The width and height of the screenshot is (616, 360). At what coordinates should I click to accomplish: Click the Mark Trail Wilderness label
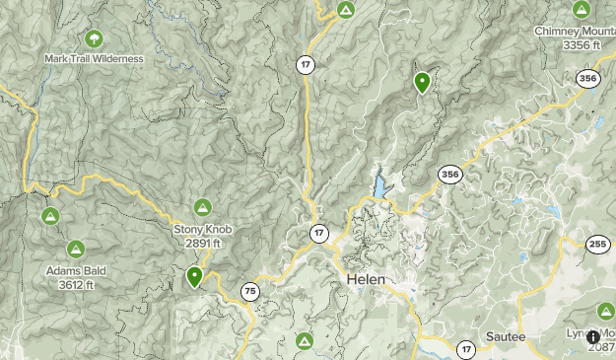tap(94, 58)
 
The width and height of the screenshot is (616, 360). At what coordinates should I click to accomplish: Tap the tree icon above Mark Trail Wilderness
tap(94, 39)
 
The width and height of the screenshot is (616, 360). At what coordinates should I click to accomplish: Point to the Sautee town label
tap(506, 336)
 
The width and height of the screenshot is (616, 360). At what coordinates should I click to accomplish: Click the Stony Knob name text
tap(202, 230)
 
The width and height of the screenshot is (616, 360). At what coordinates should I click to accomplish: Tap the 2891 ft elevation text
tap(202, 243)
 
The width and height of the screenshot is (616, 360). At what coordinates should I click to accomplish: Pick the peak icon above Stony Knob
tap(202, 208)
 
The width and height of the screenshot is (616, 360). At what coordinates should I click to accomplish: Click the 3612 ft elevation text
tap(76, 285)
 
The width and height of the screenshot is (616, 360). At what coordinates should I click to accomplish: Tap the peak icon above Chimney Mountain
tap(582, 10)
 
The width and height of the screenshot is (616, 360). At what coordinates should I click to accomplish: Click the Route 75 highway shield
tap(249, 291)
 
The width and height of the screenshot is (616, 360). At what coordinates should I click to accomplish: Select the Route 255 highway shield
tap(597, 246)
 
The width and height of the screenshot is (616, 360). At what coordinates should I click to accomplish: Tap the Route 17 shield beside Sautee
tap(466, 349)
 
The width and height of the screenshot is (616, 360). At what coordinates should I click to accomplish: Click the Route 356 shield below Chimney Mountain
tap(588, 79)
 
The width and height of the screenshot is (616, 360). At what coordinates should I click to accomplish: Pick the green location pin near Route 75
tap(195, 277)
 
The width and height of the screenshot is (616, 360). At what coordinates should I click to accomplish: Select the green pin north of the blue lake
tap(422, 83)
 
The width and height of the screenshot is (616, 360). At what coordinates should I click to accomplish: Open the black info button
tap(593, 337)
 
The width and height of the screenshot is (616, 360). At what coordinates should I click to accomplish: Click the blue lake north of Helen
tap(380, 186)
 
